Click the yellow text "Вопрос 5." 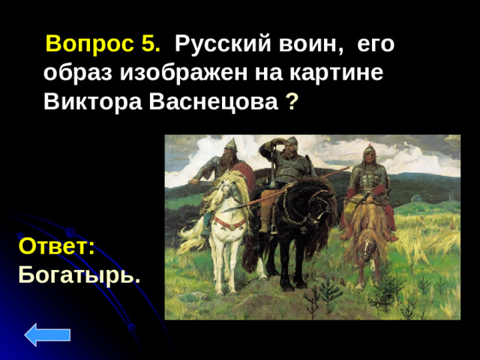click(103, 44)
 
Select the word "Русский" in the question click(216, 44)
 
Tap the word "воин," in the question click(307, 44)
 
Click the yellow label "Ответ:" click(56, 247)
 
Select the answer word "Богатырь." click(79, 274)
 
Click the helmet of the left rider click(230, 143)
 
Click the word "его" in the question click(376, 44)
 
